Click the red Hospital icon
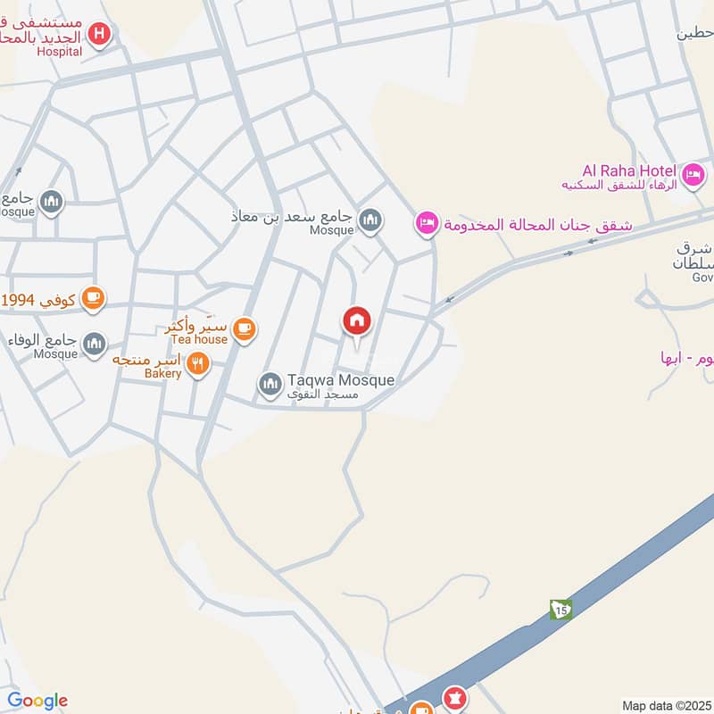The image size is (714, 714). coord(100,35)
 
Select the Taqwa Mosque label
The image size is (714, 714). coord(340,380)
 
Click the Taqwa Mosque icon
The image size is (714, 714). coord(270,385)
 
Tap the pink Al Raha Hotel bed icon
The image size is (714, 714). coord(693,172)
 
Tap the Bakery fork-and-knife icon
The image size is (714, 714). coord(198,363)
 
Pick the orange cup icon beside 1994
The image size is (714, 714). coord(93,298)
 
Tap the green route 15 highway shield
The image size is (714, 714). coord(560,610)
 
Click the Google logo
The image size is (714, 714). coord(37,701)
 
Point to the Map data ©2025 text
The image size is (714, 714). coord(664,705)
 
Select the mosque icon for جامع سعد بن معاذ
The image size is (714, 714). coord(369,219)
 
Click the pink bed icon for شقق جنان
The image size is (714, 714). coord(428,223)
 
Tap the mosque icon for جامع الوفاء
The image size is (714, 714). coord(94,343)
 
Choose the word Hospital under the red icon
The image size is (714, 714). coord(59,52)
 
